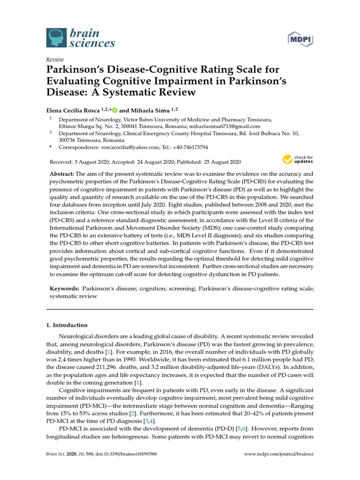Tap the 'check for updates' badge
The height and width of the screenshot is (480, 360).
[297, 160]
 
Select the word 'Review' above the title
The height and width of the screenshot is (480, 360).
[54, 60]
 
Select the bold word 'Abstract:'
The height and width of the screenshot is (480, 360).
[62, 173]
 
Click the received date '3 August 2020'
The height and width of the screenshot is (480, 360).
[95, 162]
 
